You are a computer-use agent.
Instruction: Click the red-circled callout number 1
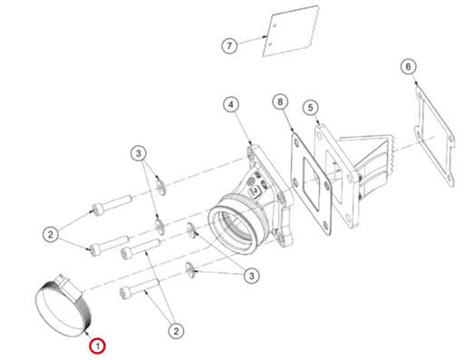point(97,345)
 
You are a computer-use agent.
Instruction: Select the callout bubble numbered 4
point(231,104)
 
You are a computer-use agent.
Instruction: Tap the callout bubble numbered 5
point(311,108)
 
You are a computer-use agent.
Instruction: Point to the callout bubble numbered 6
point(409,66)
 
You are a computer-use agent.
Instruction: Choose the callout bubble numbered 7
point(229,46)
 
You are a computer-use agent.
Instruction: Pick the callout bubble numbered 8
point(280,102)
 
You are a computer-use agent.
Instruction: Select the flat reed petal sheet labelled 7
point(290,32)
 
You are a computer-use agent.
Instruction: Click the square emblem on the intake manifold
point(256,191)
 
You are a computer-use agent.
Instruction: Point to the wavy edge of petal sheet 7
point(314,26)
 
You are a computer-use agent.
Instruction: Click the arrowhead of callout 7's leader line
point(265,37)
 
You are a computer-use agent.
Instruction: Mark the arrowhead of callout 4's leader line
point(250,142)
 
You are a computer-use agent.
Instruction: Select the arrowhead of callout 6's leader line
point(416,83)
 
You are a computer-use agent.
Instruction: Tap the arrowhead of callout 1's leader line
point(86,333)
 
